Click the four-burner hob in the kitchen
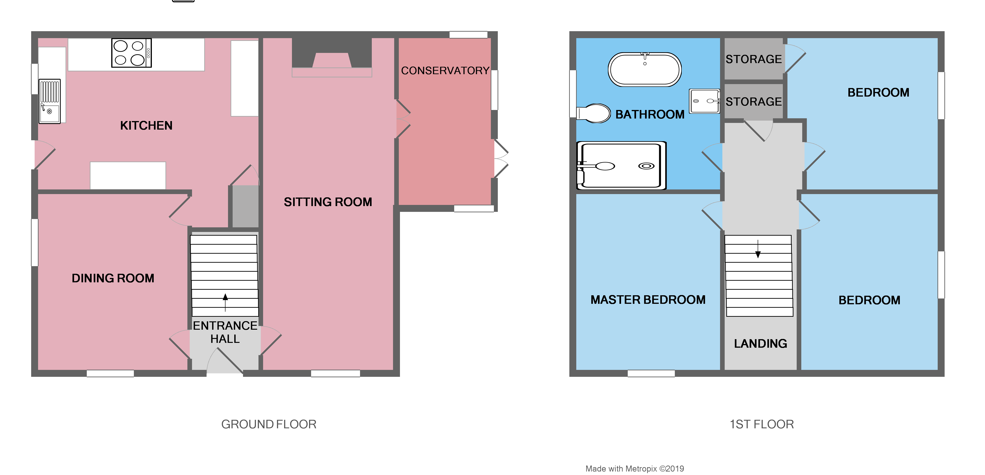coord(131,53)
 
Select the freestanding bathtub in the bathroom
coord(645,69)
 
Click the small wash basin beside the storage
coord(704,101)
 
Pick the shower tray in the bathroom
coord(621,165)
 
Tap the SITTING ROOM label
coord(328,202)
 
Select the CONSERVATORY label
coord(445,70)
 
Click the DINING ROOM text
coord(113,278)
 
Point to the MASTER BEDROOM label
coord(648,299)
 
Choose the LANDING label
coord(760,343)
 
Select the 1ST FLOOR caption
coord(761,424)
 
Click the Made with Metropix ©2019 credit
coord(634,469)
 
